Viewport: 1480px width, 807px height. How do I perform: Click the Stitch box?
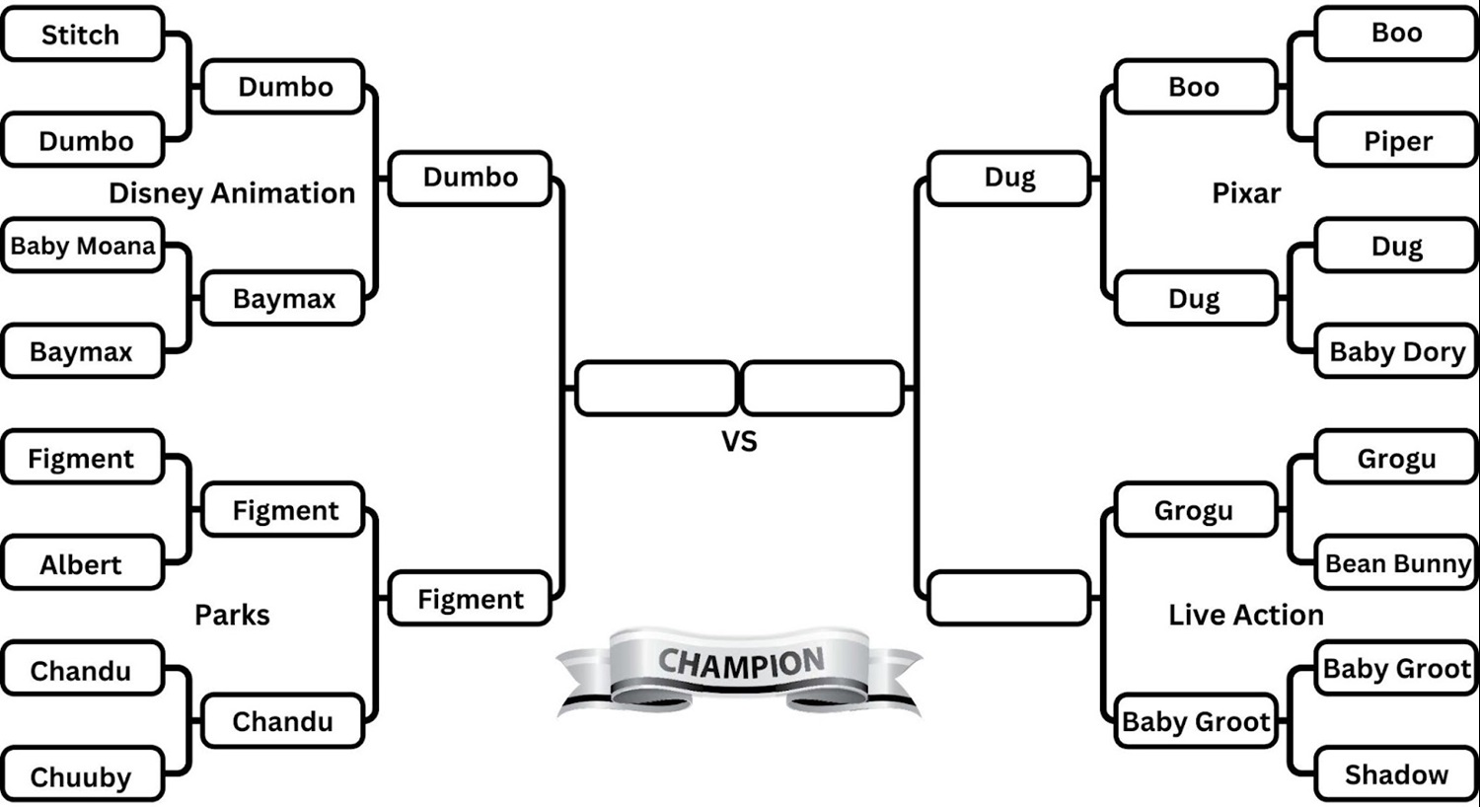coord(81,35)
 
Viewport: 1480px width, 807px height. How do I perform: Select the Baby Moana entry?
coord(83,246)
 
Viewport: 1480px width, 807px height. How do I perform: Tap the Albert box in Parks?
coord(81,564)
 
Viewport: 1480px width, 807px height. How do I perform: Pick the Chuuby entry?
coord(81,776)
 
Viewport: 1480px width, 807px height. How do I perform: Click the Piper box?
coord(1397,141)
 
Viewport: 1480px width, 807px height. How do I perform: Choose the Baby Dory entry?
coord(1397,352)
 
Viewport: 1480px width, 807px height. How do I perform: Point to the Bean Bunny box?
coord(1397,563)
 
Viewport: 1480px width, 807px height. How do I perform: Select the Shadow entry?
coord(1397,774)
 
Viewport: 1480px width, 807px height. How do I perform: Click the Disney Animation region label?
coord(232,193)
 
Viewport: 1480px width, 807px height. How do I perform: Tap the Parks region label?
coord(232,615)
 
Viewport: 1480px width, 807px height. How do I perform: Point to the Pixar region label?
coord(1246,193)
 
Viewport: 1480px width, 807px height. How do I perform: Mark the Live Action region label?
coord(1246,615)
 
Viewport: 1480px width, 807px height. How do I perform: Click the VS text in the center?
coord(739,441)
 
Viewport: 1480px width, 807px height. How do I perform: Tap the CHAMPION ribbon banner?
coord(740,666)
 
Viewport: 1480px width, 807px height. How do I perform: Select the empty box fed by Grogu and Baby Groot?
coord(1009,598)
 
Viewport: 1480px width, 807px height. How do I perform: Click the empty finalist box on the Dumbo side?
coord(656,389)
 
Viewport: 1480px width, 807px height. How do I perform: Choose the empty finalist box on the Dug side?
coord(822,389)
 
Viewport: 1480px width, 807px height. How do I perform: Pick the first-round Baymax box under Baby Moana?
coord(81,352)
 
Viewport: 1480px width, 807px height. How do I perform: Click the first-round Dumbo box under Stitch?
coord(85,141)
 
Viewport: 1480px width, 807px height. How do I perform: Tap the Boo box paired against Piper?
coord(1397,34)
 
